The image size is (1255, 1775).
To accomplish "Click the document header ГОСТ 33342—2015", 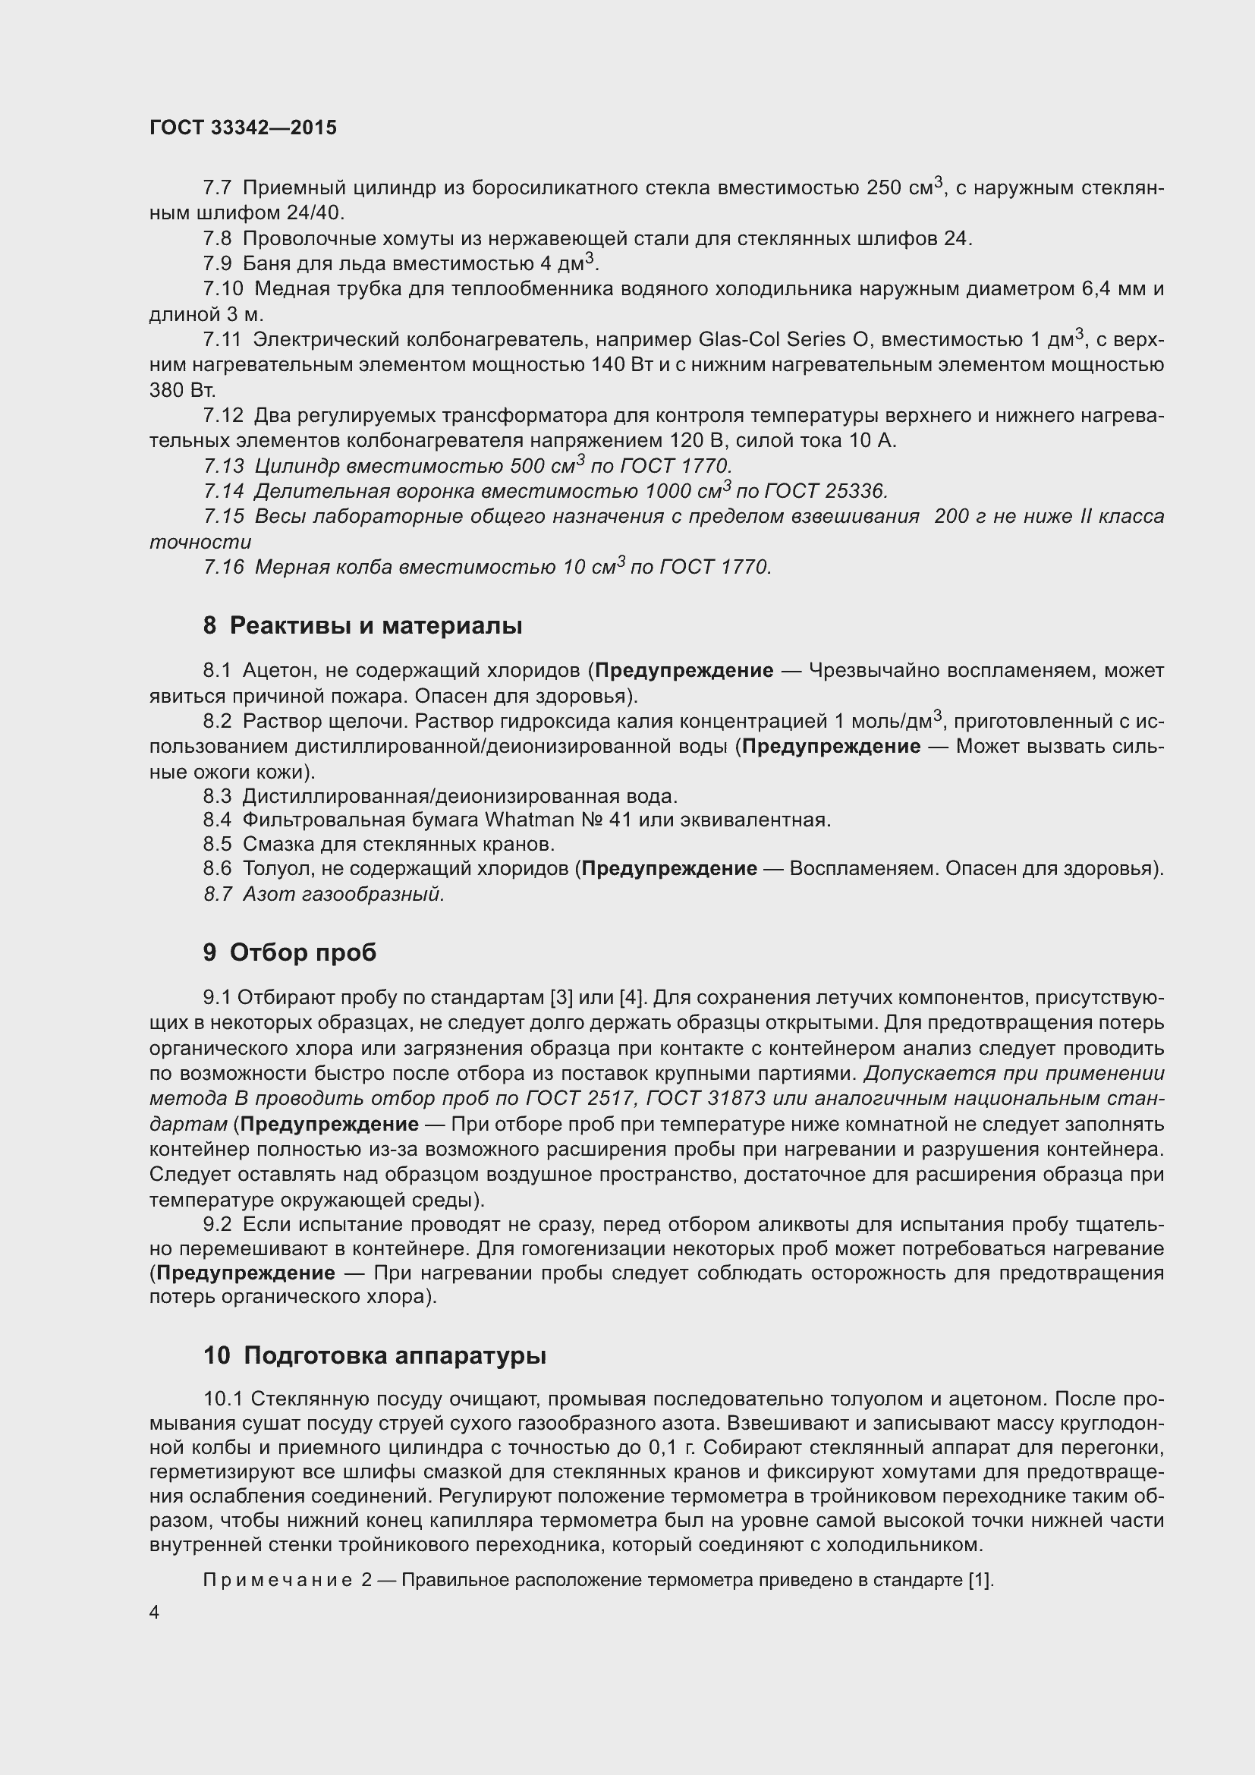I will coord(243,128).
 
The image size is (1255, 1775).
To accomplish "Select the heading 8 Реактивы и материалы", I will coord(363,625).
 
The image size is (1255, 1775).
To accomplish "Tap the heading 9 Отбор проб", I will coord(290,952).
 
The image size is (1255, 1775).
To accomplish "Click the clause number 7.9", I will coord(217,264).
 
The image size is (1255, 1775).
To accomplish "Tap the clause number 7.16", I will coord(223,568).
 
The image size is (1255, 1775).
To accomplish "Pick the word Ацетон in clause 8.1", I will coord(277,670).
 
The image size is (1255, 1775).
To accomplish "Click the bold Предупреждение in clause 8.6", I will coord(669,869).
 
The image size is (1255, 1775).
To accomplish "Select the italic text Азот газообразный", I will coord(343,895).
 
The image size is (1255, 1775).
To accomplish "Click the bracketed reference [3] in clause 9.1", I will coord(561,998).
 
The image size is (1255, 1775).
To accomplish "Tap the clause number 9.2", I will coord(217,1225).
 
